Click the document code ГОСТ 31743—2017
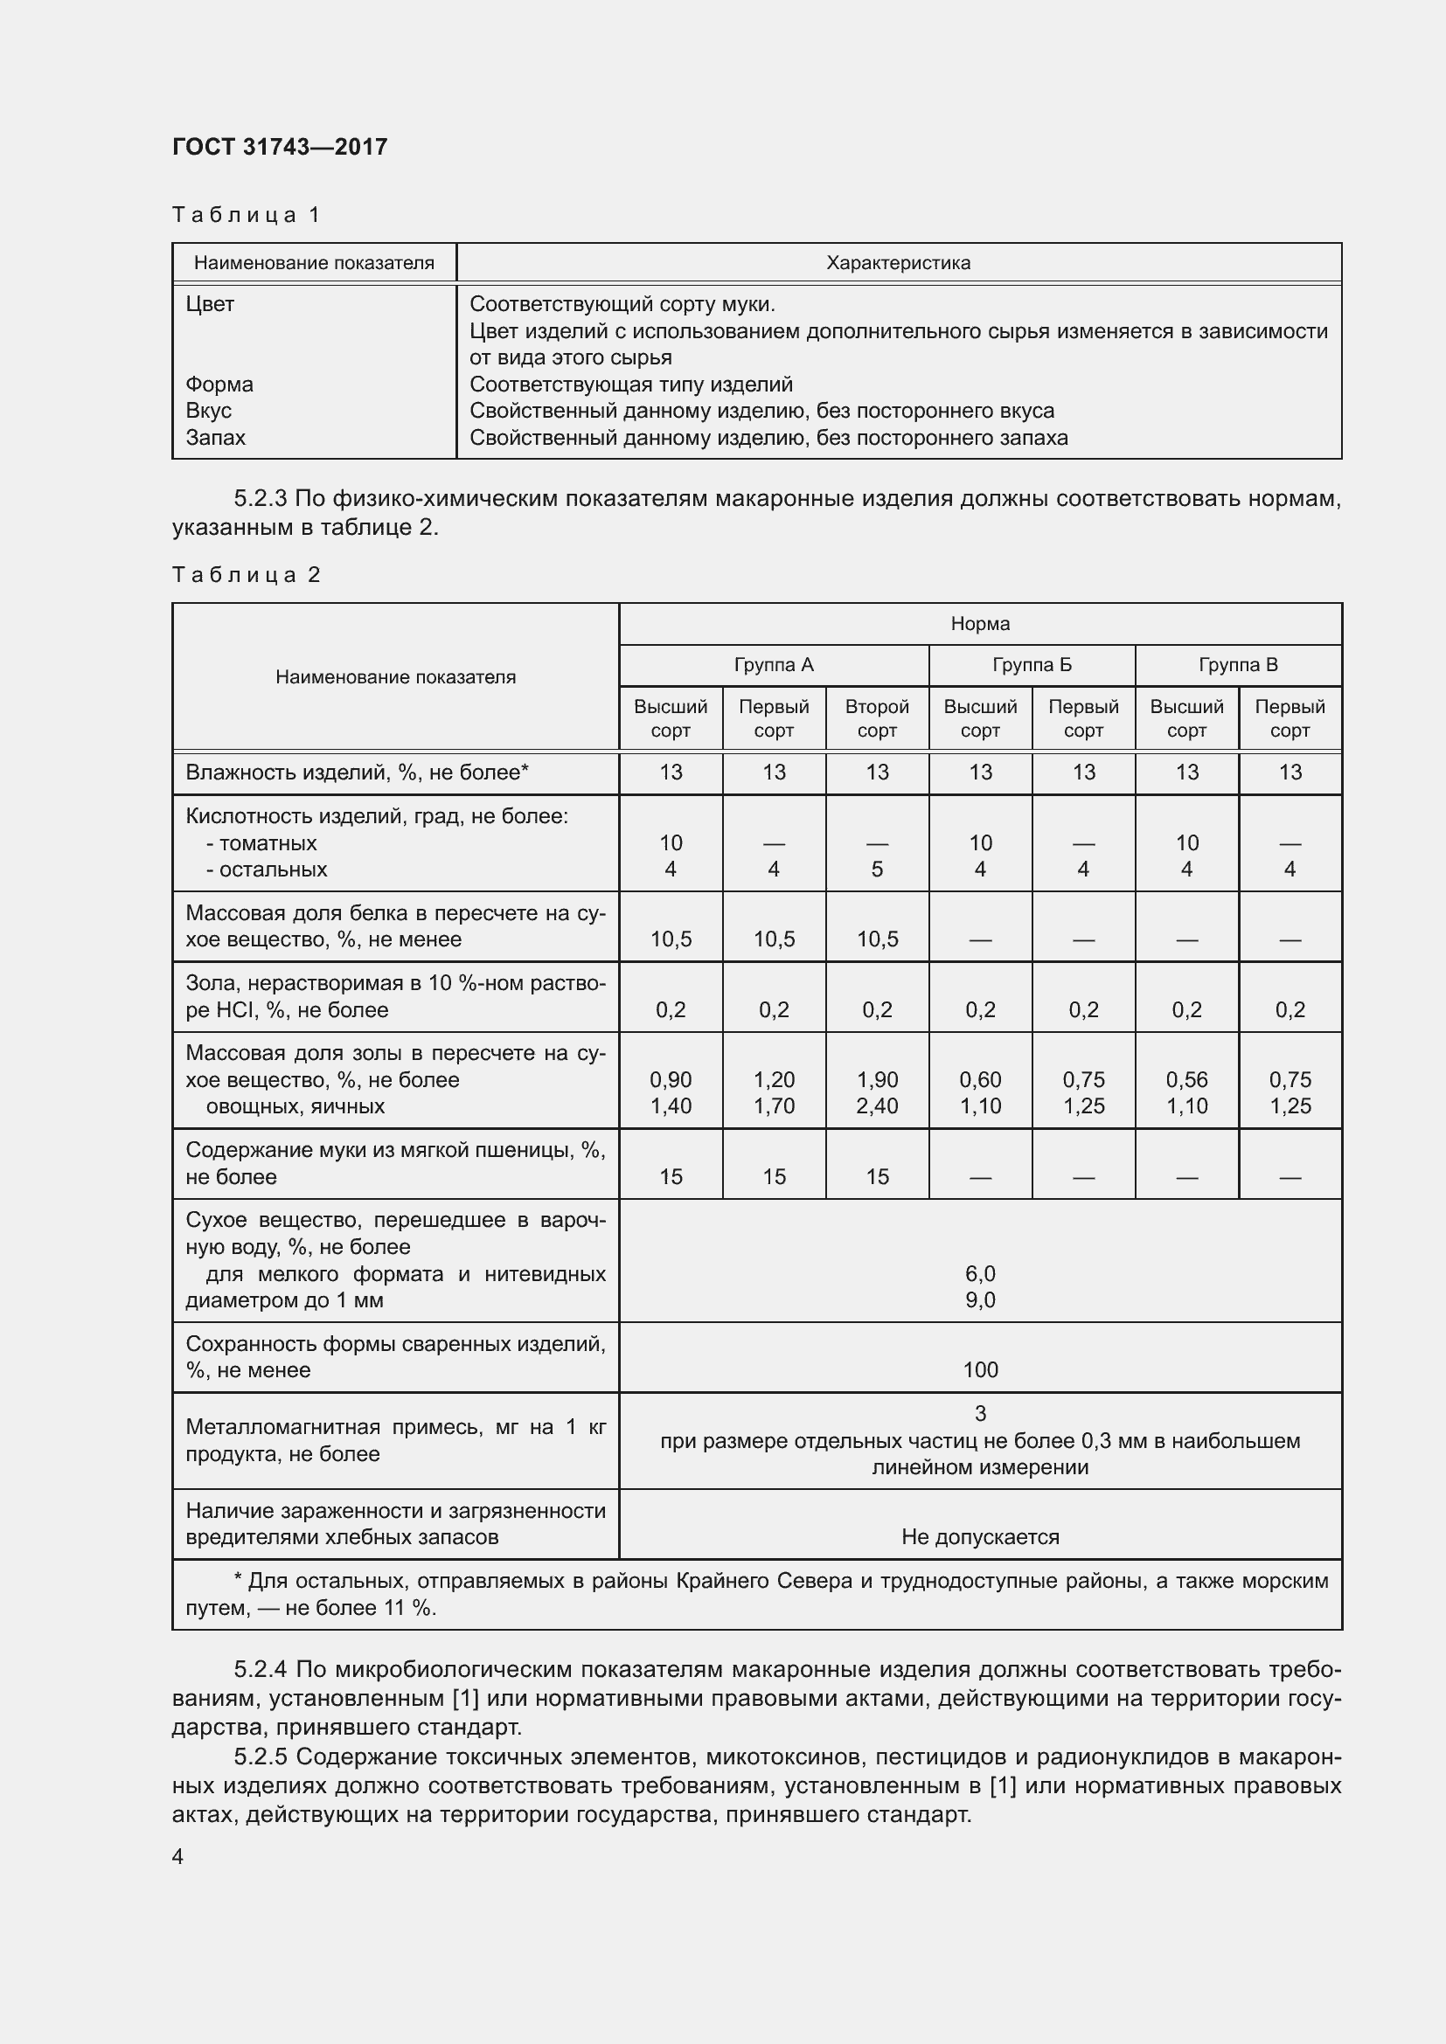pos(280,147)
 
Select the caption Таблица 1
pos(246,215)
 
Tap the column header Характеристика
pos(898,263)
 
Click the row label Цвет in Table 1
pos(210,304)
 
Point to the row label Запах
pos(215,438)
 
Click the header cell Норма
pos(979,624)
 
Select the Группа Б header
pos(1031,665)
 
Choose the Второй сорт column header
pos(876,718)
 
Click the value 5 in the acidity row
pos(877,870)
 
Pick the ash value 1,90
pos(877,1080)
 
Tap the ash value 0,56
pos(1186,1080)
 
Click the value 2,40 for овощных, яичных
pos(877,1106)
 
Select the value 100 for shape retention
pos(979,1370)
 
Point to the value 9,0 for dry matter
pos(979,1300)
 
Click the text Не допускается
pos(979,1537)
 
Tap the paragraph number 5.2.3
pos(260,498)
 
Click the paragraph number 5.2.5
pos(260,1756)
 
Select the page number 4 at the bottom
pos(178,1857)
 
